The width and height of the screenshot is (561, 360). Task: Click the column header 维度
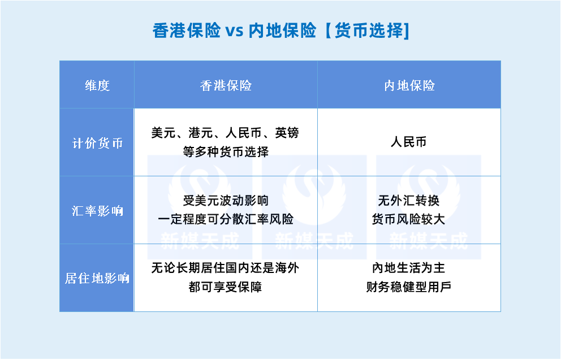click(97, 86)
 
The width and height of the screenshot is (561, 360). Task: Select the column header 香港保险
click(226, 86)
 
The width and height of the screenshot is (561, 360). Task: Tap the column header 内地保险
click(409, 86)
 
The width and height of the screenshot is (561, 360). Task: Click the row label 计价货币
click(97, 144)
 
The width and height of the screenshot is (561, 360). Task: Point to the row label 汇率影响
click(97, 211)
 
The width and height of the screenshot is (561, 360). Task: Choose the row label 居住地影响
click(97, 278)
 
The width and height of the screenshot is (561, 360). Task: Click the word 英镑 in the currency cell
click(287, 133)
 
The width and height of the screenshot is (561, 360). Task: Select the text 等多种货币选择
click(226, 151)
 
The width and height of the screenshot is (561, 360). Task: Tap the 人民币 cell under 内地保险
click(408, 142)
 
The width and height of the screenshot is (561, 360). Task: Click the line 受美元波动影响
click(226, 200)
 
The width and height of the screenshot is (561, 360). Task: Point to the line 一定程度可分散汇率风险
click(226, 219)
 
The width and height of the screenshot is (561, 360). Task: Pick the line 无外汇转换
click(408, 200)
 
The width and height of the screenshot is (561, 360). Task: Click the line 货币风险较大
click(408, 219)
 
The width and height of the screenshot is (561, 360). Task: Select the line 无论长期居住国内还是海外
click(226, 267)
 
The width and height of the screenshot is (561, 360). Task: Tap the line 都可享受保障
click(226, 287)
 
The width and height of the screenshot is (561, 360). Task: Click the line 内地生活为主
click(408, 267)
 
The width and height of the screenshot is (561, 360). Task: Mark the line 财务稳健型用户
click(408, 287)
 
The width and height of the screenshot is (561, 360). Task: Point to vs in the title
click(234, 31)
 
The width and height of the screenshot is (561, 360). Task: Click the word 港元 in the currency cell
click(201, 133)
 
